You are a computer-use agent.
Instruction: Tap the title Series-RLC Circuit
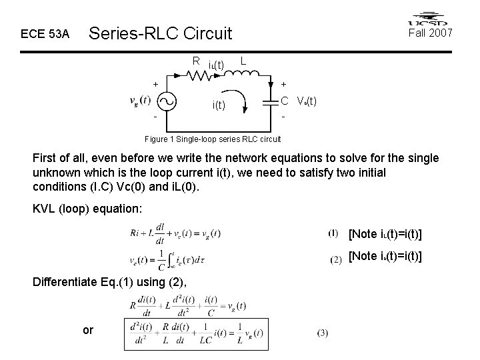(160, 33)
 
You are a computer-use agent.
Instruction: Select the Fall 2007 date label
(431, 32)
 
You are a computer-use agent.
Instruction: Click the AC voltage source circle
(166, 101)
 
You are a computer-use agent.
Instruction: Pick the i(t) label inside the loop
(219, 105)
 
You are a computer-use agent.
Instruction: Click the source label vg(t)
(140, 101)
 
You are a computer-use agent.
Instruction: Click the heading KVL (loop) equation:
(87, 209)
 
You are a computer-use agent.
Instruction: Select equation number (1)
(333, 233)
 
